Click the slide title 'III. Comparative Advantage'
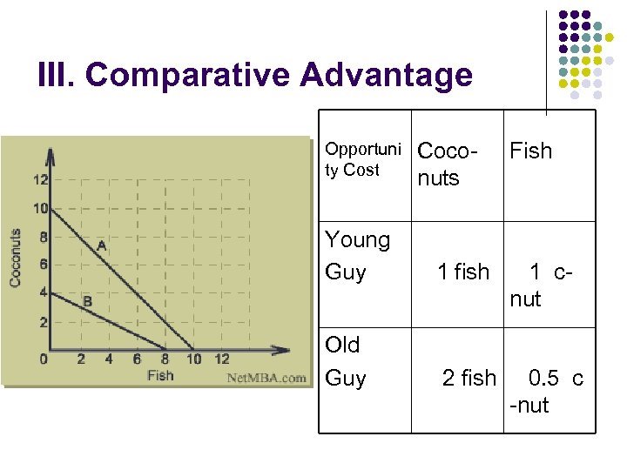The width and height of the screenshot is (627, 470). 255,76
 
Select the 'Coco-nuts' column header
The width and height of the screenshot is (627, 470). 448,164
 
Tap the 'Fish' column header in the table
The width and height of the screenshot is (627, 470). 530,151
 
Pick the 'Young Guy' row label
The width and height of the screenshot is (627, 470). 357,256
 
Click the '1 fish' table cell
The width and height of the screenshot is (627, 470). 463,272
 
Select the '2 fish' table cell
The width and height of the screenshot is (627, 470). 469,378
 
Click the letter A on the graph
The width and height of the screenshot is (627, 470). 101,246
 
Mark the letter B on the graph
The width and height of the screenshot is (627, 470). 87,301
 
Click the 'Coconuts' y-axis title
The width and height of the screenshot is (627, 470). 16,258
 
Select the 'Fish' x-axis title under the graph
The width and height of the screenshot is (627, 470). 160,375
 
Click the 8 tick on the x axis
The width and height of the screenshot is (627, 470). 165,359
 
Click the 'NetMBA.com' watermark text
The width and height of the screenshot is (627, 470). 266,378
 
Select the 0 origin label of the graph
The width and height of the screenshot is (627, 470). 44,358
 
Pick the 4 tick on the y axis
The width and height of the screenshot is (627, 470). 44,293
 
